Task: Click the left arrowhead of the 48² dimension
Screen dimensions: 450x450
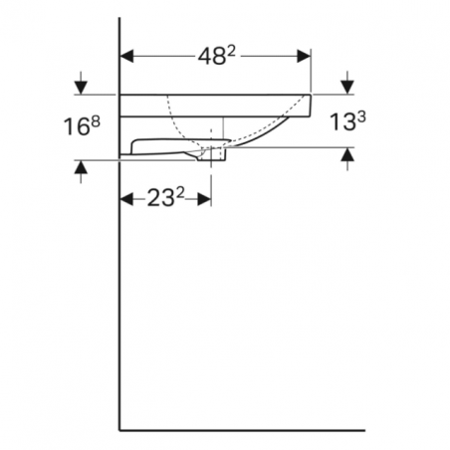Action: click(x=126, y=58)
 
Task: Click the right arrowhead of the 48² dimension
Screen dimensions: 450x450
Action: click(x=306, y=58)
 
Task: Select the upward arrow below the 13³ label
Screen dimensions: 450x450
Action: click(x=346, y=155)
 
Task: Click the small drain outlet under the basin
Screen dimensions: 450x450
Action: click(x=214, y=153)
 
